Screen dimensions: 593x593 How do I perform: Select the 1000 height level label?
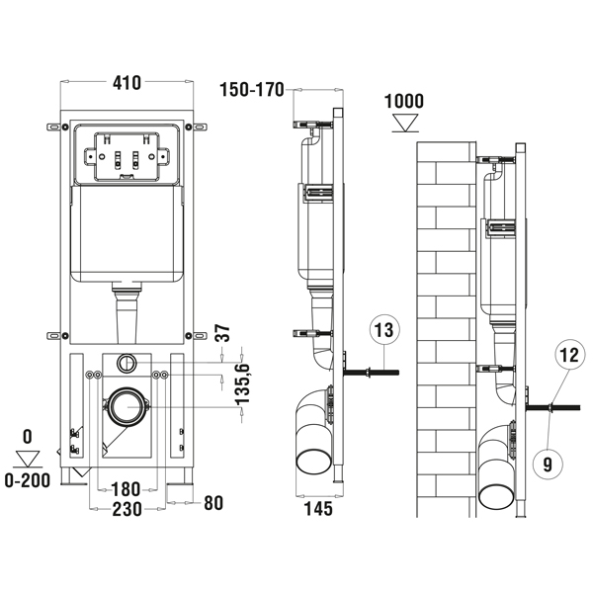click(405, 101)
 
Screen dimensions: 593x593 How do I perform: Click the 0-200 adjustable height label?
click(27, 481)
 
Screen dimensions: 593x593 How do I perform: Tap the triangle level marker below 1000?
click(405, 123)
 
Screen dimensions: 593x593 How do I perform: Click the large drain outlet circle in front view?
click(127, 405)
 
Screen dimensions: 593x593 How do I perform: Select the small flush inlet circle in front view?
click(127, 361)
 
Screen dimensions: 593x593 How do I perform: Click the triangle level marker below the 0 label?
click(28, 458)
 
